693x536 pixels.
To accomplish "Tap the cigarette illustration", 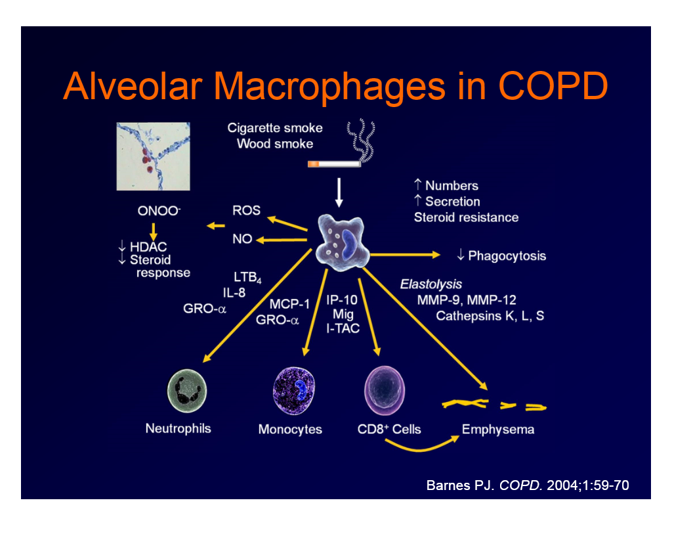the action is click(x=334, y=163).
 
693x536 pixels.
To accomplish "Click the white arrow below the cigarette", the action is click(x=339, y=191).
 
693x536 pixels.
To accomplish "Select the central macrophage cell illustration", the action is click(x=341, y=241).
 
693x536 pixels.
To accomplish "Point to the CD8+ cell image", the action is click(x=383, y=390).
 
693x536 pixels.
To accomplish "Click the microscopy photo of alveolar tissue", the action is click(x=153, y=156).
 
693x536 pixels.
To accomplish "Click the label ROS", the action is click(x=246, y=211).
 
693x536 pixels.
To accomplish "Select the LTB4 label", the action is click(x=247, y=278).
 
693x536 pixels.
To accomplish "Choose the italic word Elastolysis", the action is click(x=431, y=284).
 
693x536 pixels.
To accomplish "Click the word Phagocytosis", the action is click(x=507, y=256).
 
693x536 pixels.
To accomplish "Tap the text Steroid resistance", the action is click(x=466, y=217).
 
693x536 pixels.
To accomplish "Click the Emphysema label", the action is click(x=498, y=430).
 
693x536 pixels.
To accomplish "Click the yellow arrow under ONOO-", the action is click(x=154, y=231).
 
